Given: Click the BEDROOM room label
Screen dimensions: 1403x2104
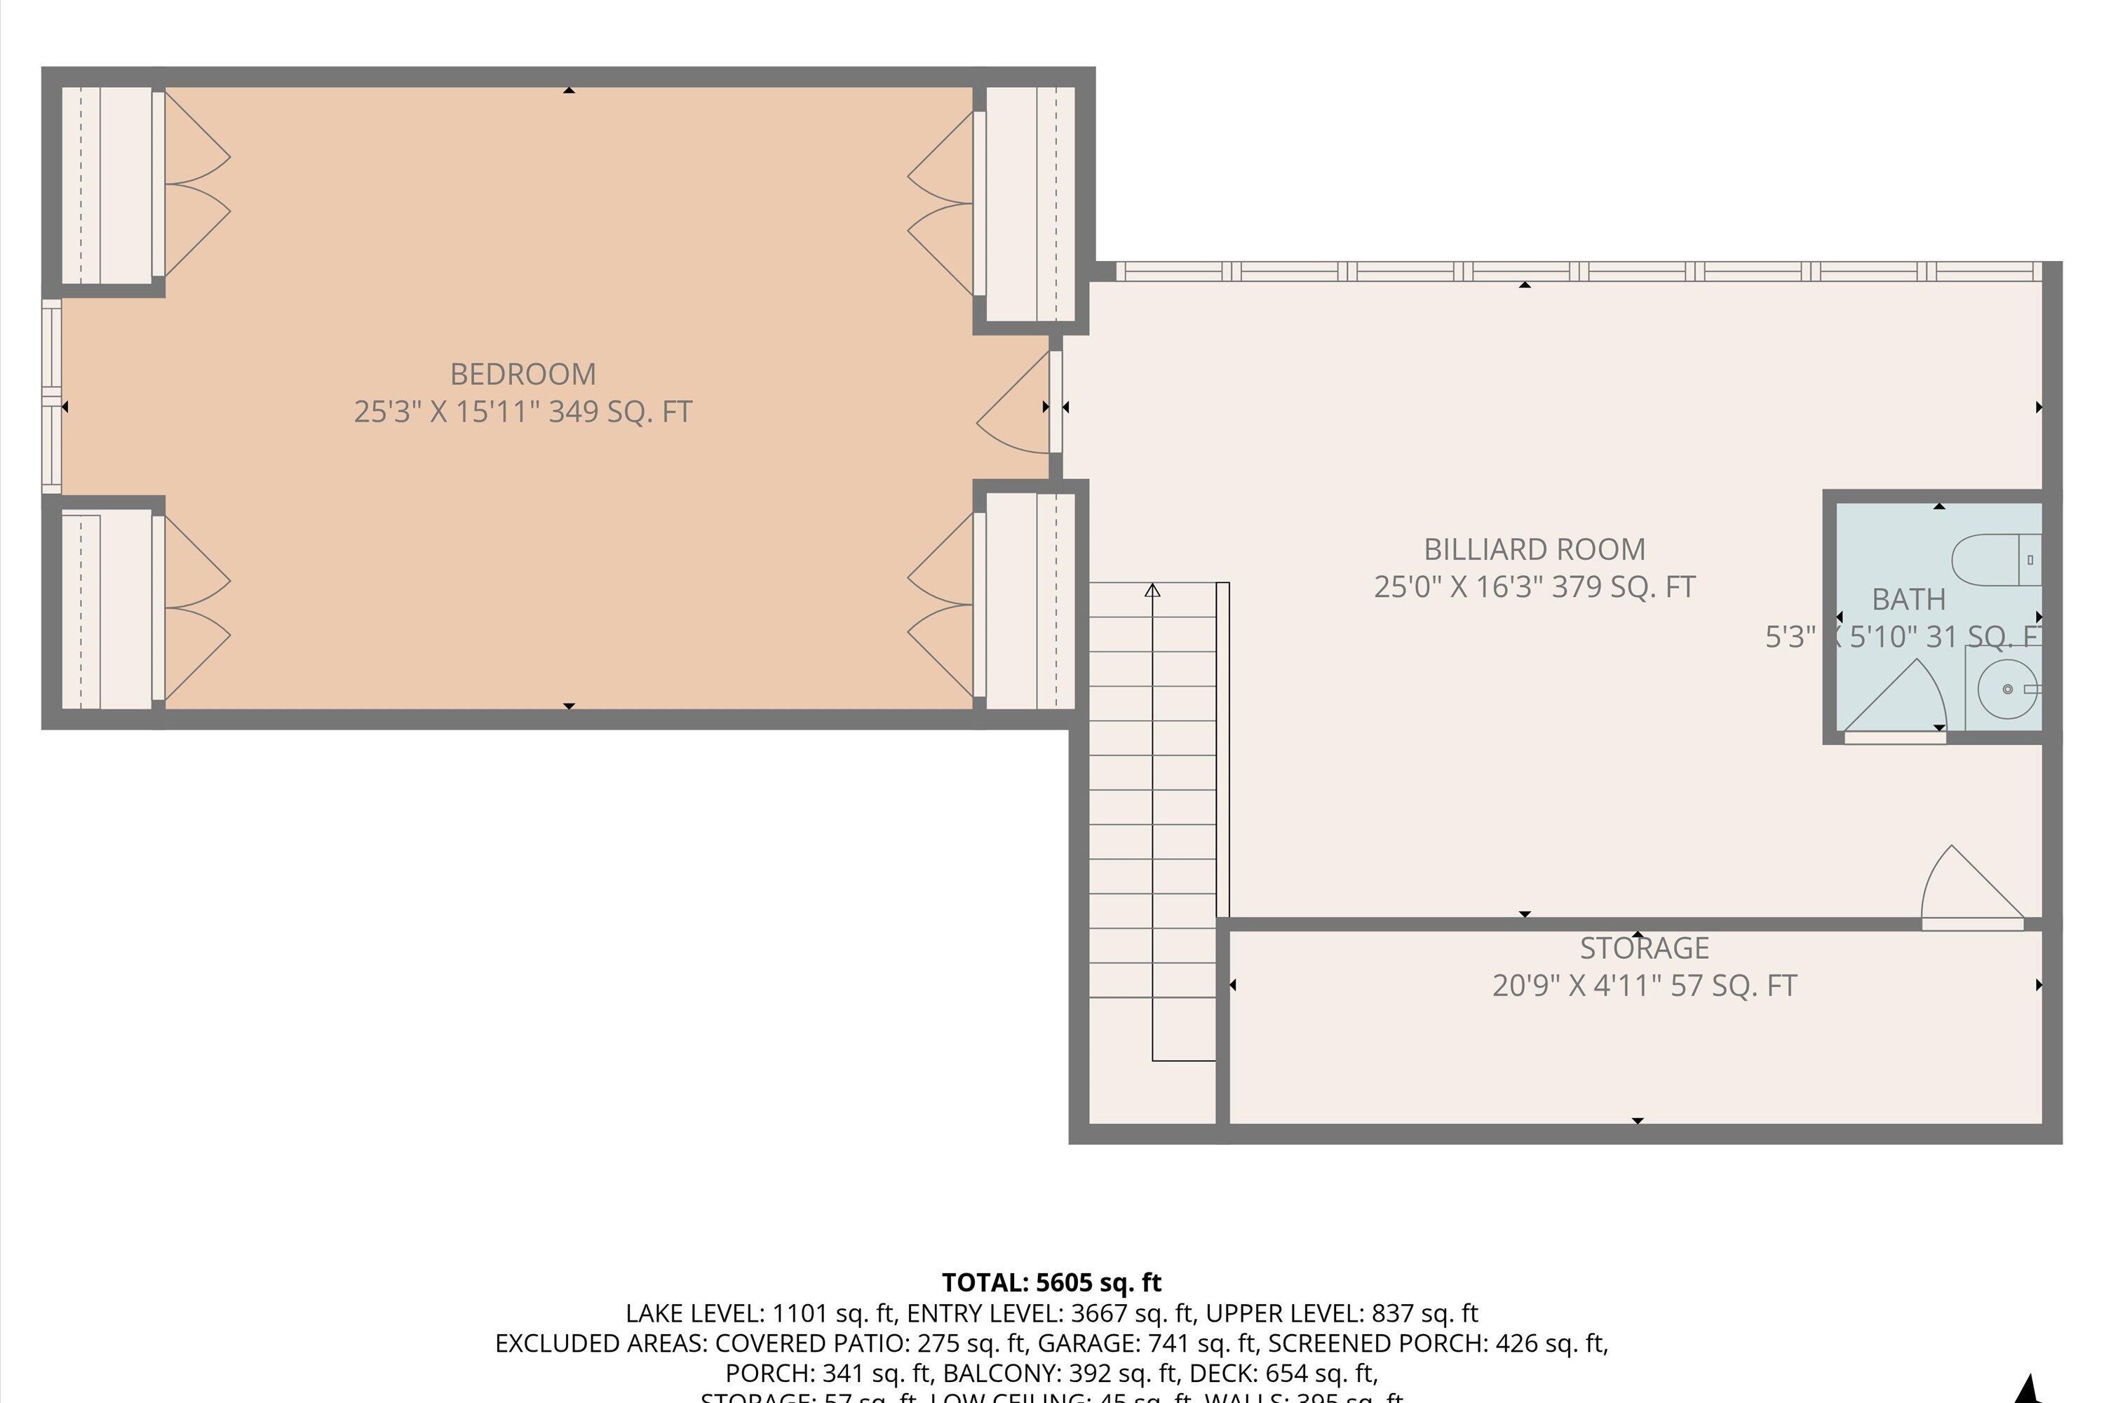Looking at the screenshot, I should (522, 374).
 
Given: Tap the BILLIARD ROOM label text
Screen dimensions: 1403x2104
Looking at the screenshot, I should (1535, 549).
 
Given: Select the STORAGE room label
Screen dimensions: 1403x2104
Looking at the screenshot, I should (1644, 948).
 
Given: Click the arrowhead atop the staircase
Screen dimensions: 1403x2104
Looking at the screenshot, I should (1152, 591).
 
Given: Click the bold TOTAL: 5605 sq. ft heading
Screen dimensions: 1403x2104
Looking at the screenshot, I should (1051, 1282).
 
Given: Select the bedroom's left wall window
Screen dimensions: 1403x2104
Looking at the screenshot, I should (52, 396).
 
